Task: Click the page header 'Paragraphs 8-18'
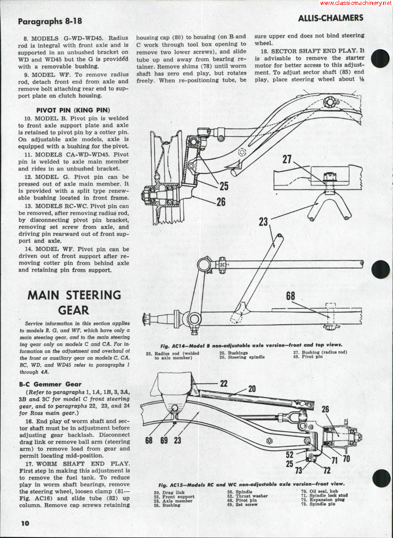tap(50, 21)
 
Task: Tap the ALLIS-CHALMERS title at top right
tap(331, 18)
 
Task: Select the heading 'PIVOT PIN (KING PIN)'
tap(73, 110)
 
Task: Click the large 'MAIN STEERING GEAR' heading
tap(74, 302)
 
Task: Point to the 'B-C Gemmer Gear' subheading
tap(50, 383)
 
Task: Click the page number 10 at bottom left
tap(24, 523)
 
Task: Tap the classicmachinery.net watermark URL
tap(356, 3)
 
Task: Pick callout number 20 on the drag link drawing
tap(252, 389)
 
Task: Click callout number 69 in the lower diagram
tap(164, 440)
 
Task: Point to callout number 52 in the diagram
tap(290, 454)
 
